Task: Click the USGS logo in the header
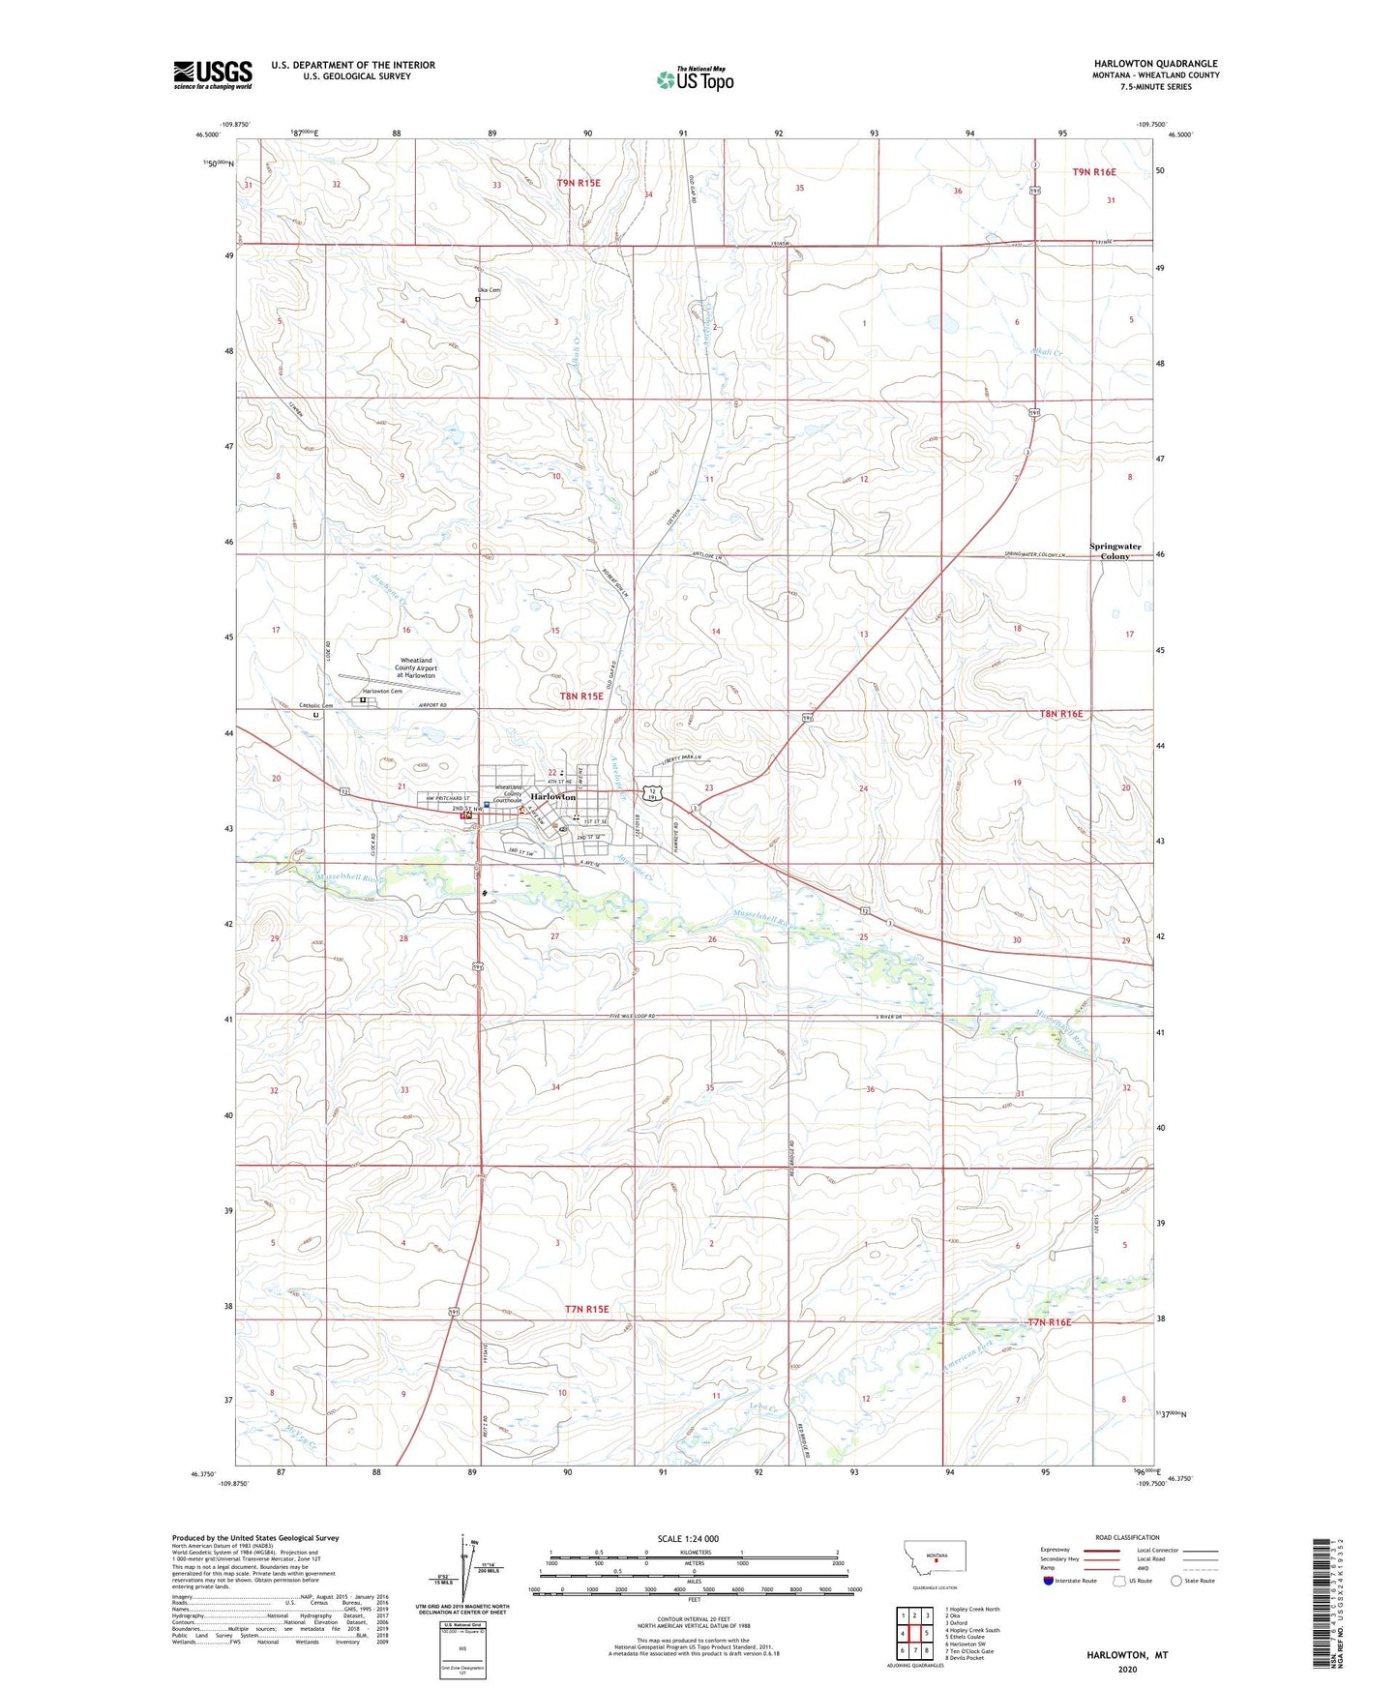213,74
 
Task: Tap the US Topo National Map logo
695,78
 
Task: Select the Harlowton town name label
552,797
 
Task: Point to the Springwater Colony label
1115,551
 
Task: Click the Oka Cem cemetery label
489,290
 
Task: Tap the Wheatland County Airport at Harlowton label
416,667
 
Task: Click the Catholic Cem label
315,705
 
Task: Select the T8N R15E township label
581,696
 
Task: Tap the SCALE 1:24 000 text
688,1538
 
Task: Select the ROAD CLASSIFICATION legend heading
1127,1537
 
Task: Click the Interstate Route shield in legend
1050,1581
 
